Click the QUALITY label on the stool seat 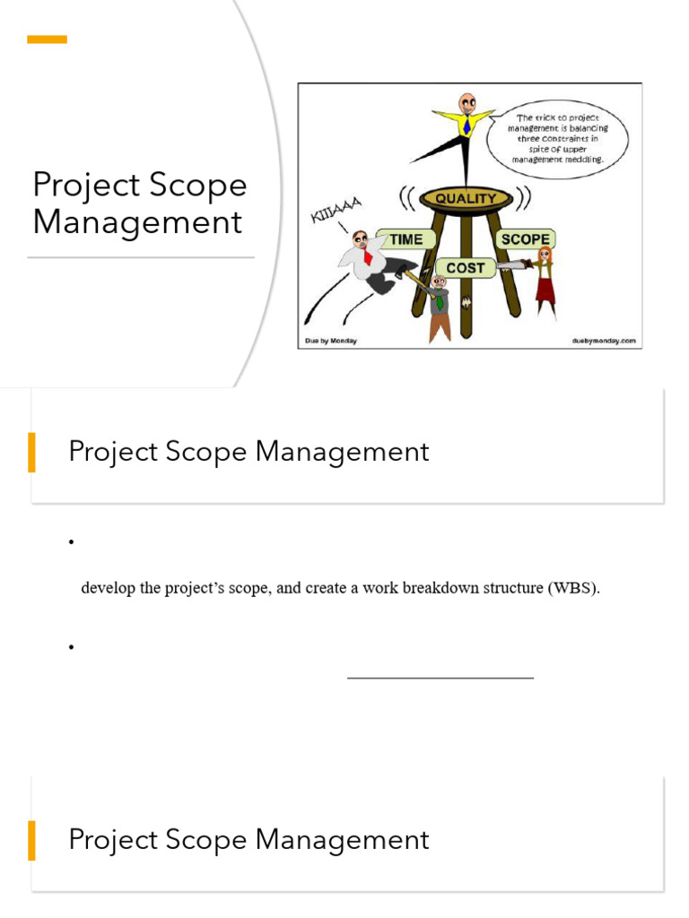pyautogui.click(x=465, y=198)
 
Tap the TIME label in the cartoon pyautogui.click(x=405, y=239)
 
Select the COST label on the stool pyautogui.click(x=465, y=267)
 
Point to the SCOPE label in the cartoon pyautogui.click(x=525, y=239)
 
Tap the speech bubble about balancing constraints pyautogui.click(x=557, y=138)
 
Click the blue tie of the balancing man pyautogui.click(x=467, y=126)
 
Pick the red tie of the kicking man pyautogui.click(x=367, y=256)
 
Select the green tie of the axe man pyautogui.click(x=440, y=301)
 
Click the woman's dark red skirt pyautogui.click(x=545, y=291)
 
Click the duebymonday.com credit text pyautogui.click(x=602, y=341)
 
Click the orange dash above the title pyautogui.click(x=47, y=39)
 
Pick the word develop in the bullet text pyautogui.click(x=107, y=589)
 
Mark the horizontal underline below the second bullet pyautogui.click(x=440, y=678)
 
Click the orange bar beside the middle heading pyautogui.click(x=32, y=452)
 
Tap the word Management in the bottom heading pyautogui.click(x=342, y=840)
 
